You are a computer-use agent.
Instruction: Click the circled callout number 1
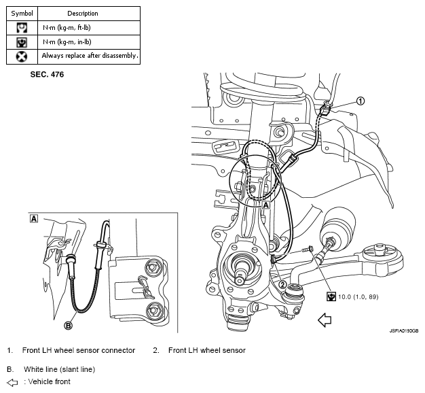tap(361, 101)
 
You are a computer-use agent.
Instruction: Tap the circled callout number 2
tap(282, 284)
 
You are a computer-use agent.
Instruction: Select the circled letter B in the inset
tap(68, 325)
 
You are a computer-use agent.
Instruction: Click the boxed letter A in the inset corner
tap(34, 219)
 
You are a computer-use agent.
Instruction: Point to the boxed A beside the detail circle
tap(266, 205)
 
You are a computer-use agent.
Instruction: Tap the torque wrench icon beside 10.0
tap(331, 296)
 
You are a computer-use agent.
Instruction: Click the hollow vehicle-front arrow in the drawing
tap(325, 320)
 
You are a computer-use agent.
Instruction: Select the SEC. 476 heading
tap(47, 74)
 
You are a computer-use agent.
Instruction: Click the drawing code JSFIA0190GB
tap(404, 331)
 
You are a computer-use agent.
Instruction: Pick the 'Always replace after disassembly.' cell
tap(89, 56)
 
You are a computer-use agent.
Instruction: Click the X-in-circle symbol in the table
tap(22, 56)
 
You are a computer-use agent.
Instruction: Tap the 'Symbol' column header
tap(22, 14)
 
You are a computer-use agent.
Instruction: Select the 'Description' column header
tap(83, 14)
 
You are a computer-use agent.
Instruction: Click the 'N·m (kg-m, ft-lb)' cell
tap(89, 28)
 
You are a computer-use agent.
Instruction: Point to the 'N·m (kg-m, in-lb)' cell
tap(89, 42)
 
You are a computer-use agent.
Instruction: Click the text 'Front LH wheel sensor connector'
tap(79, 350)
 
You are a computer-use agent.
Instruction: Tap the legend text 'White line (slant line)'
tap(59, 369)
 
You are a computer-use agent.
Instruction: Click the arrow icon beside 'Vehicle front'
tap(12, 383)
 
